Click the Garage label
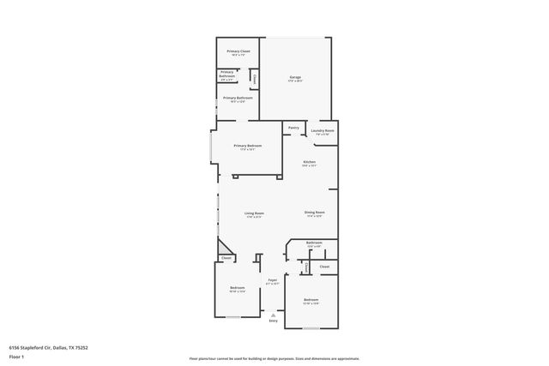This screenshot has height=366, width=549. coord(295,78)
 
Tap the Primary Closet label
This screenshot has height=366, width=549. coord(238,52)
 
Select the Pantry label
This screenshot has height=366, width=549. coord(293,128)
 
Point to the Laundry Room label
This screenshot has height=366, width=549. coord(323,131)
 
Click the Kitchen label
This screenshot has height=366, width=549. coord(310,163)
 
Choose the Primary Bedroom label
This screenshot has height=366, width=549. coord(248,147)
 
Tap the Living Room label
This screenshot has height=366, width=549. coord(254,213)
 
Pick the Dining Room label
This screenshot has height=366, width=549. coord(314,213)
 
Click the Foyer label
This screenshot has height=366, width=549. coord(273,280)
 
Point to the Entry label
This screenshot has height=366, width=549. coord(274,321)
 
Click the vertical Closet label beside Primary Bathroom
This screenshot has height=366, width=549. coord(255,80)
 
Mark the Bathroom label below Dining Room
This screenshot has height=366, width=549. coord(314,243)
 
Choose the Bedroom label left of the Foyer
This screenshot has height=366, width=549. coord(238,288)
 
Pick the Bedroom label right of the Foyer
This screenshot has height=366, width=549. coord(311,301)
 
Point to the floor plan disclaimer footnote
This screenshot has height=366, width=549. coord(274,359)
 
